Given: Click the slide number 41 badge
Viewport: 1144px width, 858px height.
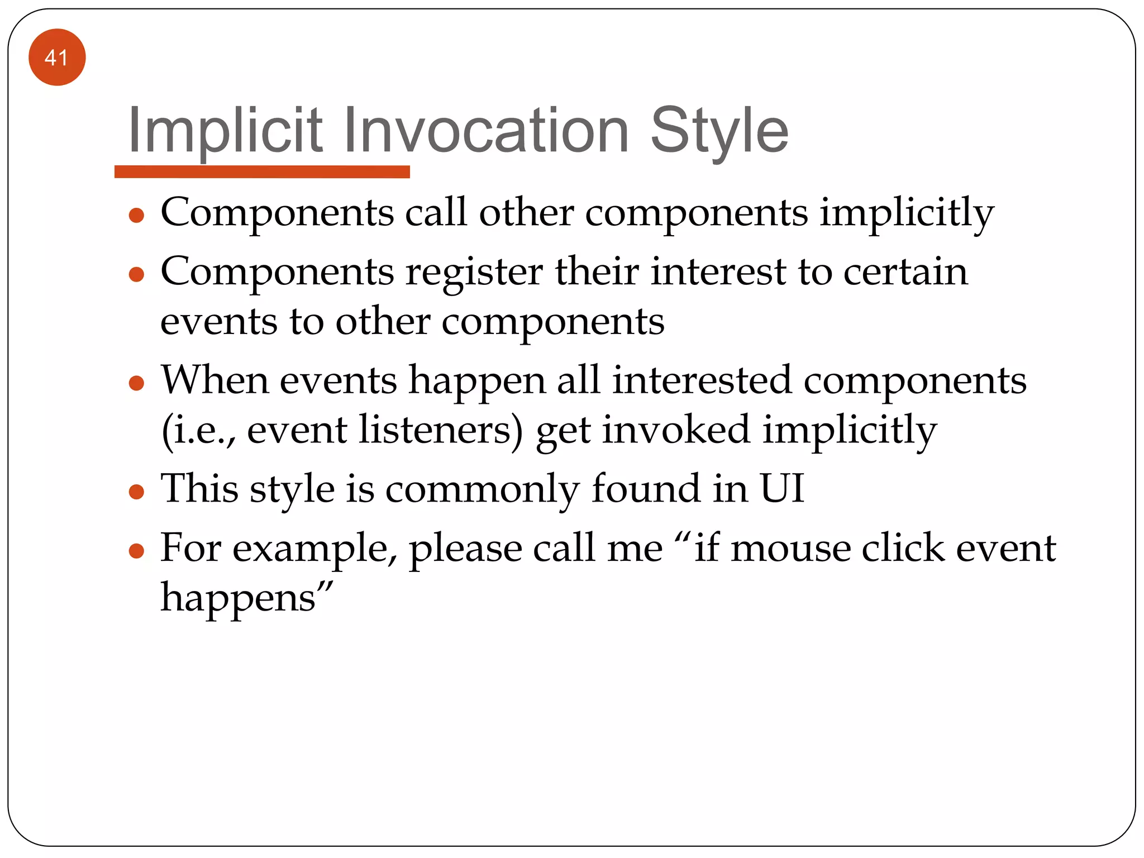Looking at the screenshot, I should tap(57, 57).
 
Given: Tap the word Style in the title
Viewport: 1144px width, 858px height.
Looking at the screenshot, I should tap(719, 131).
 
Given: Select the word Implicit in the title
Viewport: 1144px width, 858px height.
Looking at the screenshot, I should tap(225, 131).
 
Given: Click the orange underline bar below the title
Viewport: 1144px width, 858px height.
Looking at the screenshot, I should tap(262, 171).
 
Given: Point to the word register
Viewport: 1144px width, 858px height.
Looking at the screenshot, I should tap(474, 272).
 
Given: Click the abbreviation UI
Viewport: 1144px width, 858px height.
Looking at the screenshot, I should tap(782, 488).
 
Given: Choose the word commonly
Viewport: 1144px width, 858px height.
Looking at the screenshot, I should tap(482, 489).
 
